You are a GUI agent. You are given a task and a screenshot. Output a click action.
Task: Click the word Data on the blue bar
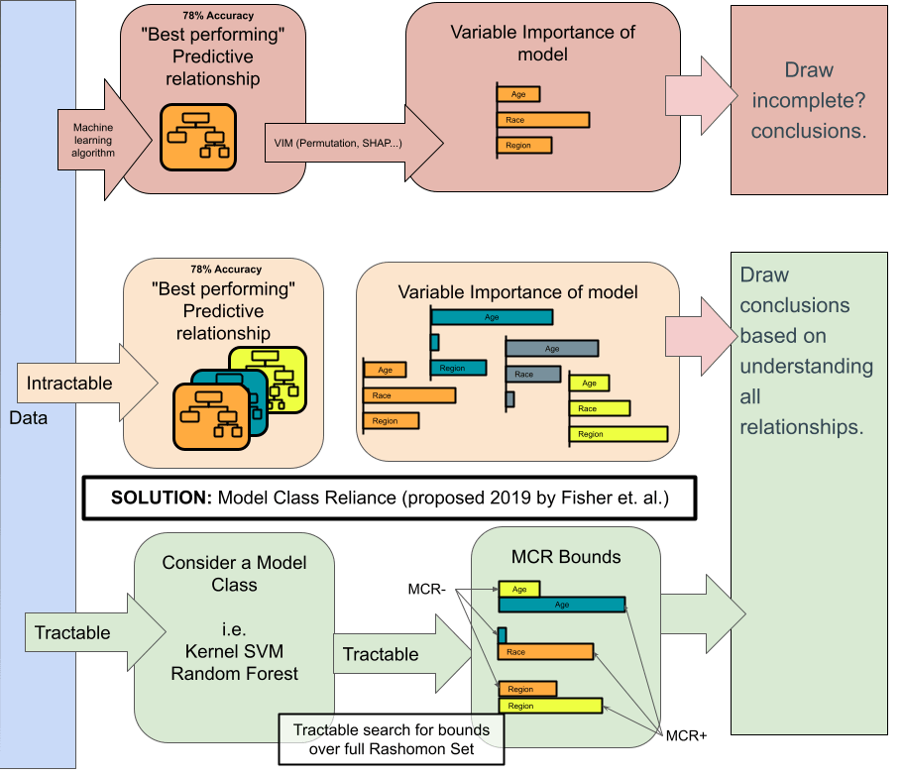[28, 417]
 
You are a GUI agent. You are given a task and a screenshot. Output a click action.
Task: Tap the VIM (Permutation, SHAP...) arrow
[347, 144]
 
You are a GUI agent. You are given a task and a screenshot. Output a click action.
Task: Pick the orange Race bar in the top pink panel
[542, 120]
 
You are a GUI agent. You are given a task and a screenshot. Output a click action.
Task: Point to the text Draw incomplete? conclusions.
[809, 100]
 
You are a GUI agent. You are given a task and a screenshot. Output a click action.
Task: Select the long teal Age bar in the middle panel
[491, 317]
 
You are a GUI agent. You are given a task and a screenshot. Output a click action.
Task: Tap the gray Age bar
[551, 349]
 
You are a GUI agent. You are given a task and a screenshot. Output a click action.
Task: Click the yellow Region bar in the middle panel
[618, 434]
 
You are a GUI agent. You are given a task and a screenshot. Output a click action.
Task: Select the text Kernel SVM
[234, 652]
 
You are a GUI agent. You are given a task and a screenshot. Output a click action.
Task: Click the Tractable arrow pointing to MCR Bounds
[396, 654]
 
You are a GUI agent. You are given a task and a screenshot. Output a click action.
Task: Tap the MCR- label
[427, 590]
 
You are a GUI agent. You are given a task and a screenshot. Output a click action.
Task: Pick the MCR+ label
[685, 736]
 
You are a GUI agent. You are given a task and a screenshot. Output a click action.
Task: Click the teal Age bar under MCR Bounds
[561, 605]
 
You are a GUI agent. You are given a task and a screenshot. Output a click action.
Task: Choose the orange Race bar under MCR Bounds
[545, 652]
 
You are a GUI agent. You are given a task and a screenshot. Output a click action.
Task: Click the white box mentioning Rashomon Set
[391, 739]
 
